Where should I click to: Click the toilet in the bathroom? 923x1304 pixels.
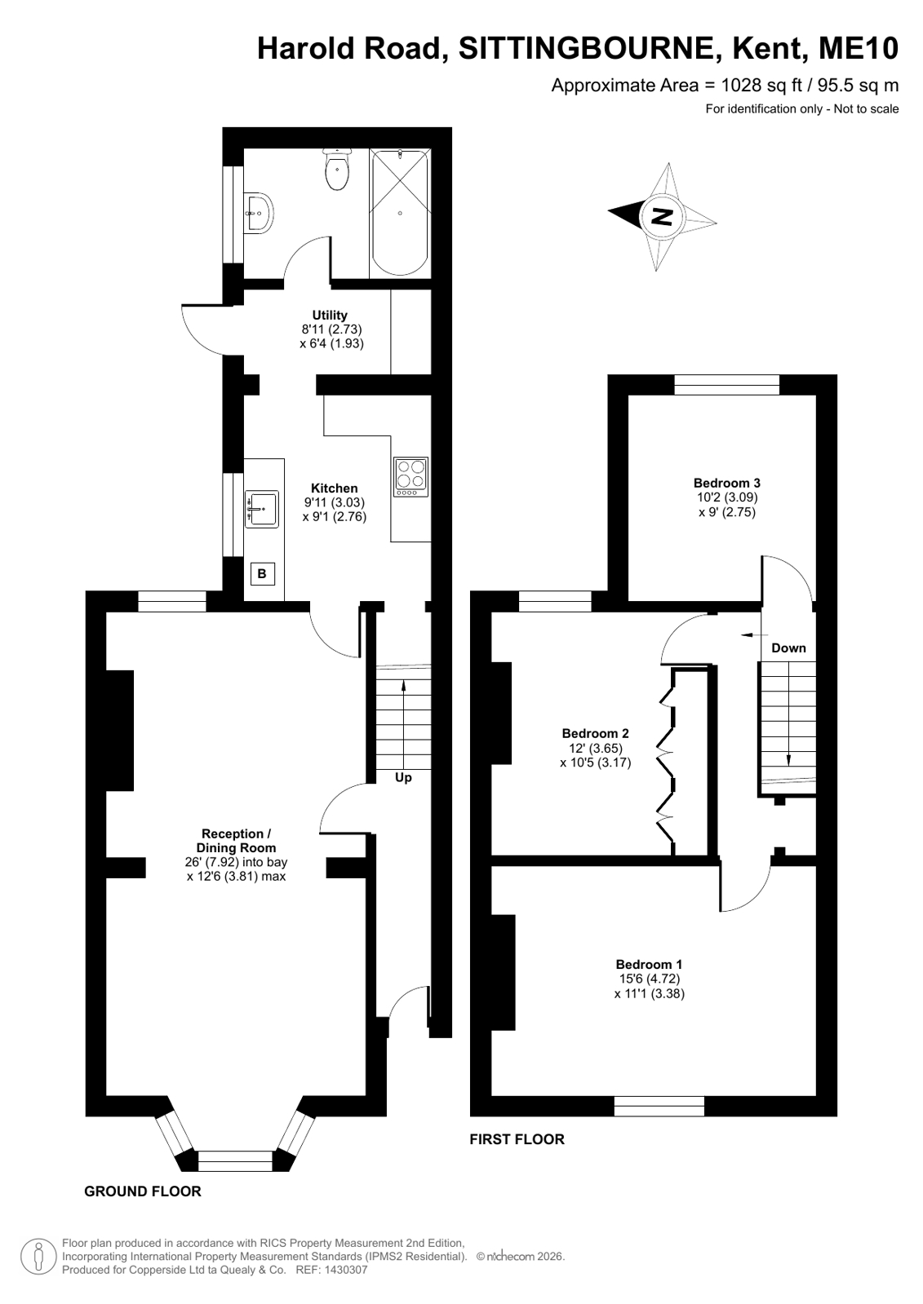[337, 169]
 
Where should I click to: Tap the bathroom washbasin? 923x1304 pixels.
[259, 214]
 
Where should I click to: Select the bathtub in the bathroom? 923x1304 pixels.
[400, 213]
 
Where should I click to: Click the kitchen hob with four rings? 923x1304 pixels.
[410, 477]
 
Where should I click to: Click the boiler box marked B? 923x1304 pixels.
[262, 574]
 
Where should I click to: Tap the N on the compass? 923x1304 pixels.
[662, 217]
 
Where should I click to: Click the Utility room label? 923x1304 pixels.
[330, 315]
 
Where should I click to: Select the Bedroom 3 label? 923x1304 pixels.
[726, 483]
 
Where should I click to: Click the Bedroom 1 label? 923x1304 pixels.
[649, 964]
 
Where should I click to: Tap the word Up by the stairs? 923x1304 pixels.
[403, 778]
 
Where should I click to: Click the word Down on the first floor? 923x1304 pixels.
[788, 648]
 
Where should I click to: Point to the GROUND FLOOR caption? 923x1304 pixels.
[143, 1203]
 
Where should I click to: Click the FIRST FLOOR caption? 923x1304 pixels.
[517, 1139]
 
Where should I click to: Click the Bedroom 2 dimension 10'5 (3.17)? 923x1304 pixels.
[596, 763]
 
